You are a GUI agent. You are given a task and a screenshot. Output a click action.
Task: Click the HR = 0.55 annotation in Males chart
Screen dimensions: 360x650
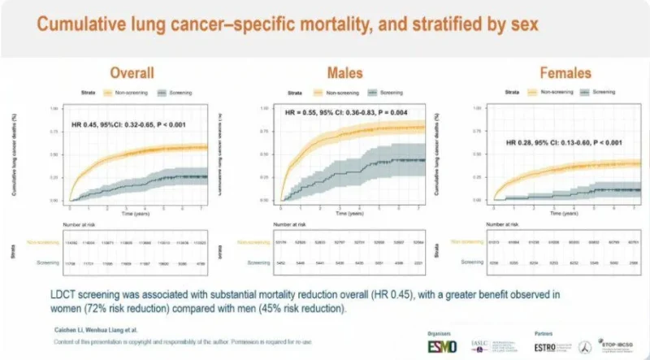pos(344,113)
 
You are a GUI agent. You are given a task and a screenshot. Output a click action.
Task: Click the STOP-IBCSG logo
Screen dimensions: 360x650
pos(619,344)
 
